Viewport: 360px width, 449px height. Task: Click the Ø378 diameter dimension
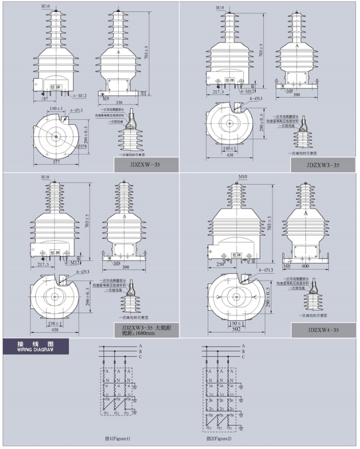pos(83,146)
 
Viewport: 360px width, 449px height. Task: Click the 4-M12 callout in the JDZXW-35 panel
pos(82,96)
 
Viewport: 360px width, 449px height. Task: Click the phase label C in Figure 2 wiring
pos(243,357)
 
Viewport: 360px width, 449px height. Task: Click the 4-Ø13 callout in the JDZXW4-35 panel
pos(265,270)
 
